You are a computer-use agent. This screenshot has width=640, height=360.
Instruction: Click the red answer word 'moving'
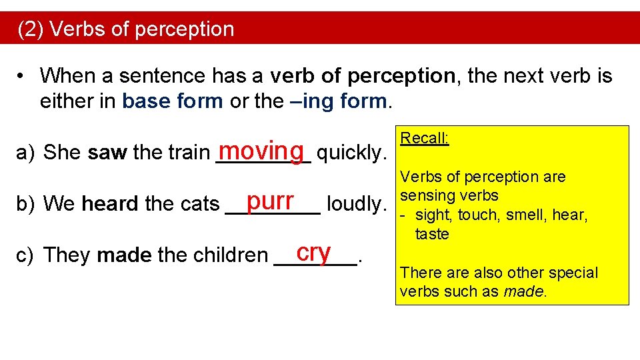(x=264, y=149)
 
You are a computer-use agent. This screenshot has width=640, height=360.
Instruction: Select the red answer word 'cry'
(x=314, y=251)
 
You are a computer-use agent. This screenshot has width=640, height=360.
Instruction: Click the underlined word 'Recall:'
(x=424, y=139)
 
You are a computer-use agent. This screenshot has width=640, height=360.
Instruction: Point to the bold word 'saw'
(x=107, y=153)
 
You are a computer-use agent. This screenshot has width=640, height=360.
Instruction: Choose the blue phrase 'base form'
(x=173, y=101)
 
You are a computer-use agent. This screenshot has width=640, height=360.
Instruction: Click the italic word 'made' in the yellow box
(x=523, y=291)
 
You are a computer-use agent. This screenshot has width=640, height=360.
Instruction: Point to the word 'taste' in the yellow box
(x=432, y=234)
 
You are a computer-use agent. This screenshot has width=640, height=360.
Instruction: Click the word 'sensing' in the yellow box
(x=423, y=196)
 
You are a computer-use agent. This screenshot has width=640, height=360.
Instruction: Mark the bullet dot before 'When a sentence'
(x=23, y=76)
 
